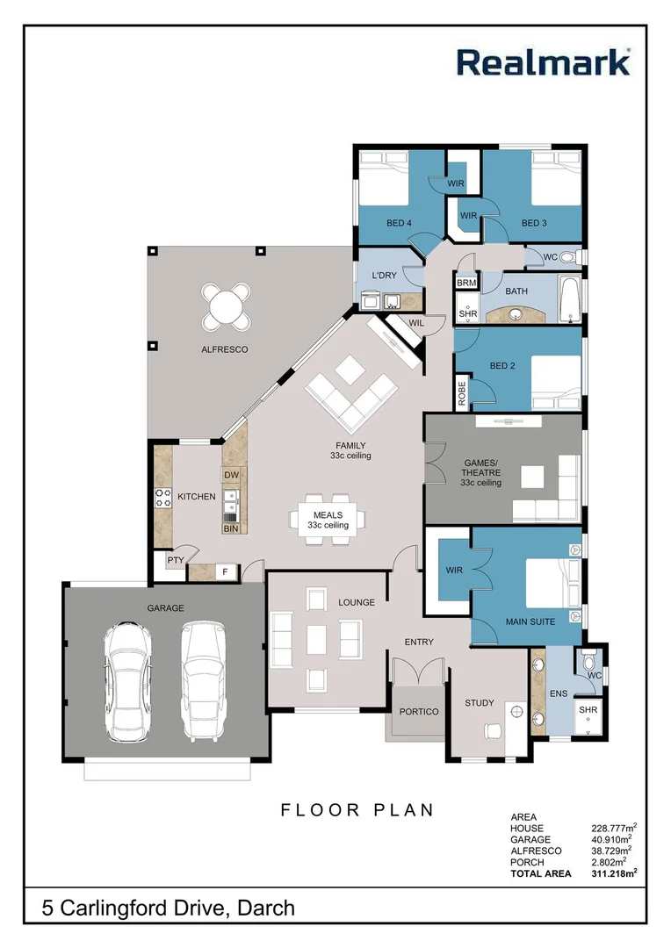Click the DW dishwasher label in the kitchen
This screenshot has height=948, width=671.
click(x=232, y=475)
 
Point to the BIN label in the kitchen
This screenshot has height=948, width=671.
click(x=231, y=528)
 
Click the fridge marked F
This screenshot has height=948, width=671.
click(x=225, y=572)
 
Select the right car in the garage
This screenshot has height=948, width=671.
click(x=203, y=680)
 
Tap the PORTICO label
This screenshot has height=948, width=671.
click(x=419, y=712)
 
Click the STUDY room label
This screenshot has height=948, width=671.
click(x=480, y=703)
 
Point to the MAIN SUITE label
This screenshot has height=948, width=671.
click(x=530, y=622)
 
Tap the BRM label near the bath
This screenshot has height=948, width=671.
click(x=466, y=283)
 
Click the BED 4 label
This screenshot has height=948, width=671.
click(x=399, y=223)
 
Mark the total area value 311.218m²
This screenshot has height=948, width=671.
click(x=614, y=873)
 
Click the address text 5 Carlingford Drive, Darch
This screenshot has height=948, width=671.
click(x=169, y=908)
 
